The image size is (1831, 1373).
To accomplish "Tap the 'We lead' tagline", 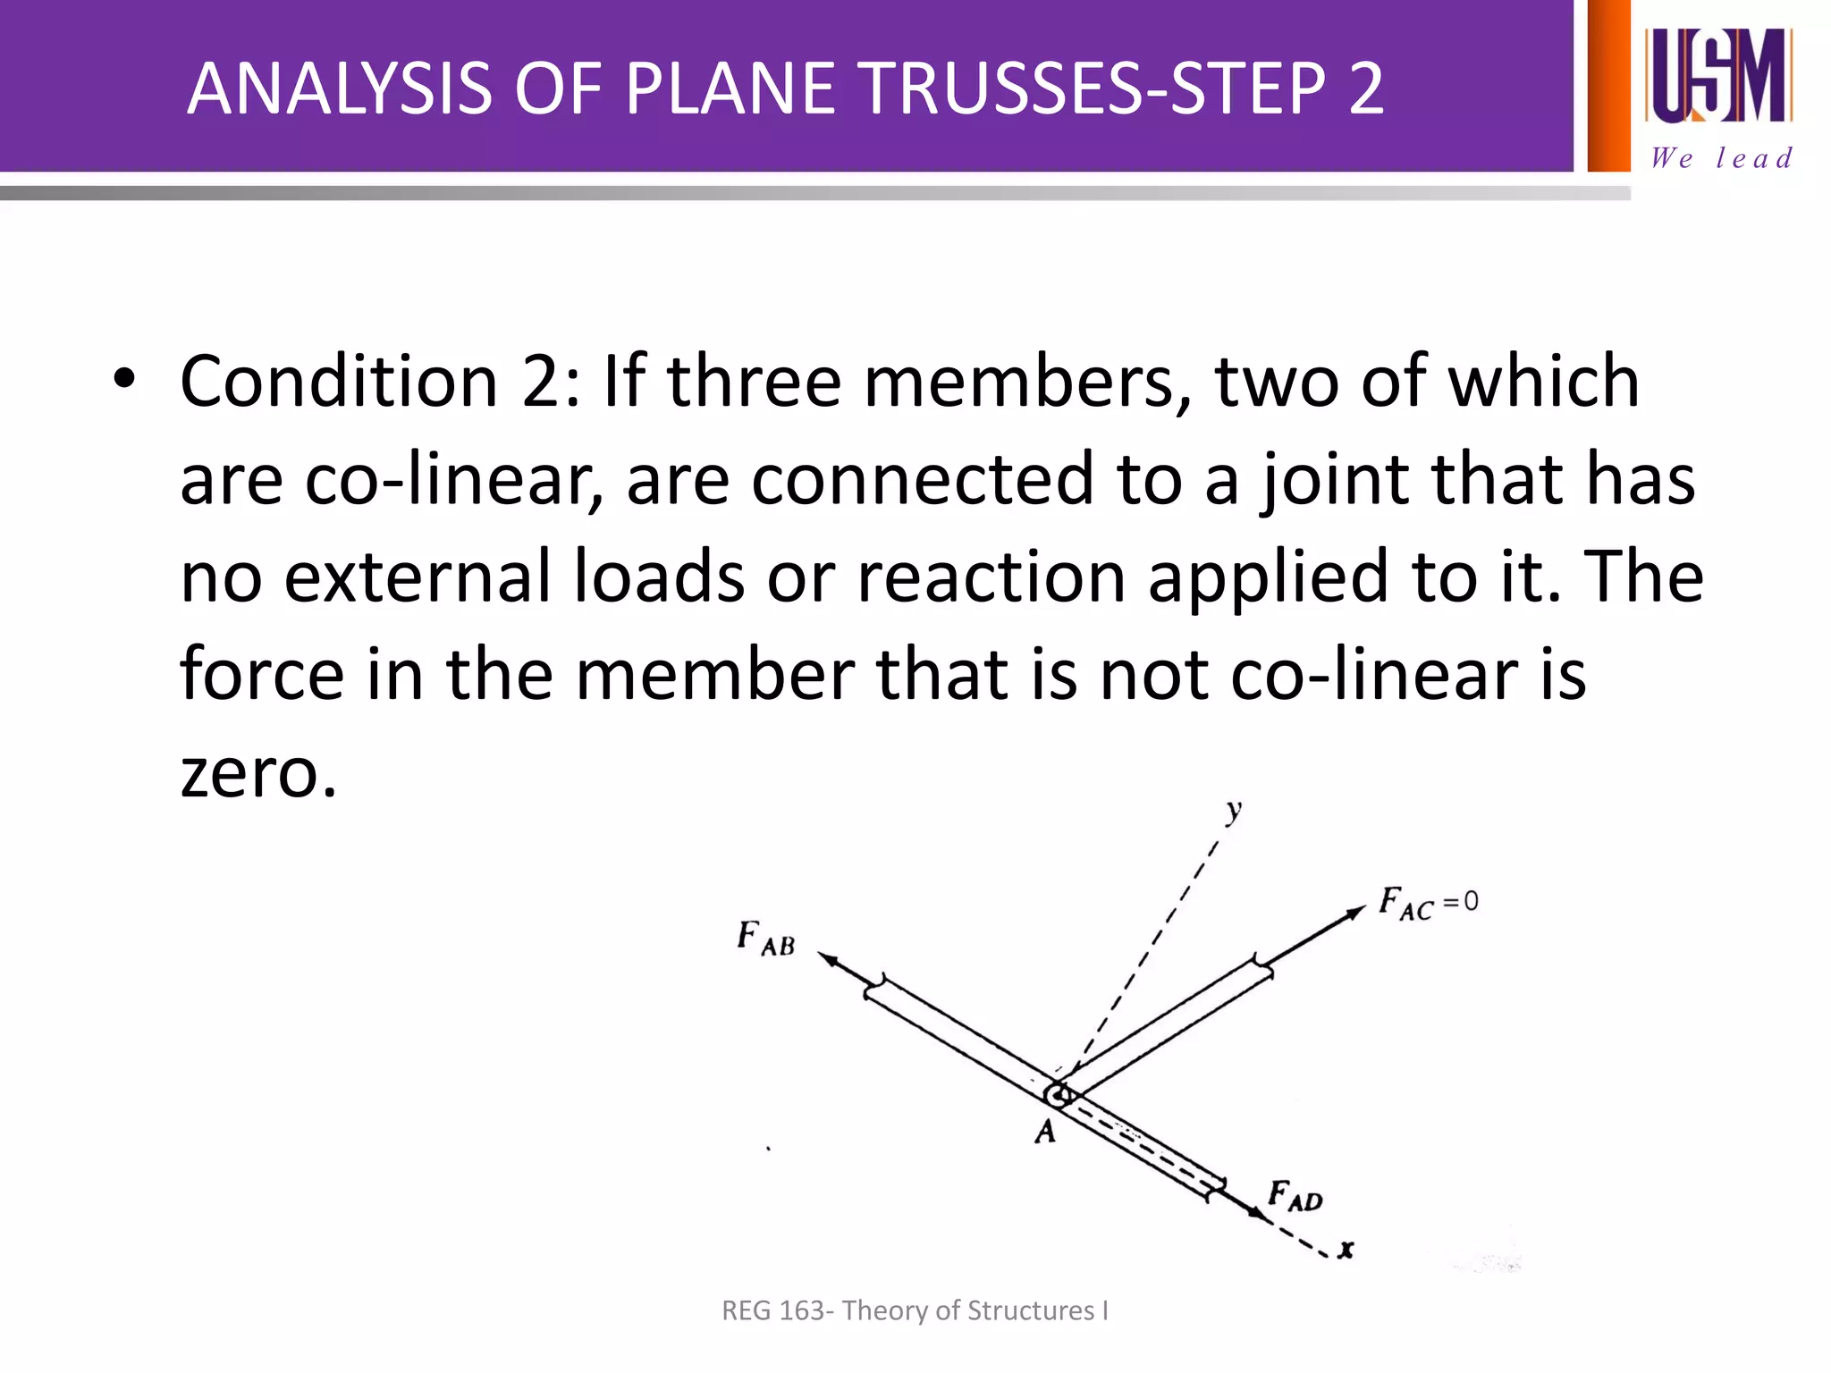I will point(1720,158).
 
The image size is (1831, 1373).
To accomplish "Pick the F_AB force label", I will point(765,939).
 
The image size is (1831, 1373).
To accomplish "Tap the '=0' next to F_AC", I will point(1461,903).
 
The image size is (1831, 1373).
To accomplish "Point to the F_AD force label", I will point(1295,1196).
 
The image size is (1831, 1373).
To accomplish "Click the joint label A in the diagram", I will point(1045,1133).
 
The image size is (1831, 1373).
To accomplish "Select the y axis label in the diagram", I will point(1234,812).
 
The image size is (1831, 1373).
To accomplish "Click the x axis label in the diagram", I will point(1346,1249).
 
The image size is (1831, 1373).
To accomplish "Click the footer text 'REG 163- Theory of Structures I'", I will point(915,1310).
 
